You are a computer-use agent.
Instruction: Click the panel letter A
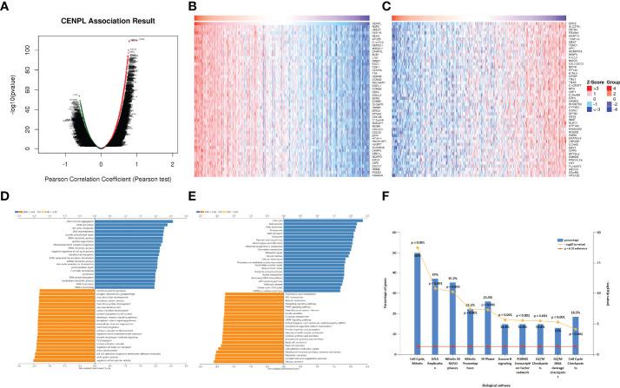pos(6,8)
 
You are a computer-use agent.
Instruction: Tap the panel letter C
pos(384,8)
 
